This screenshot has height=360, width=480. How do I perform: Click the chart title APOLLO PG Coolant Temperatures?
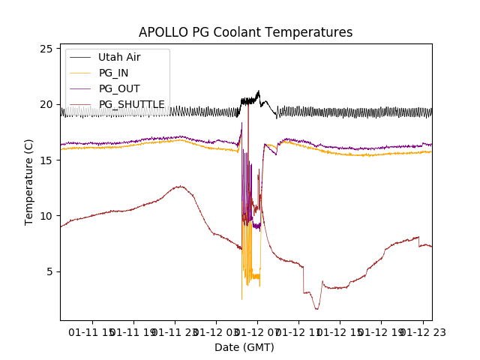245,32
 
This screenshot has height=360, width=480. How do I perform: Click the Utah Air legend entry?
119,57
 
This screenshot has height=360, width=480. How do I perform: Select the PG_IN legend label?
114,73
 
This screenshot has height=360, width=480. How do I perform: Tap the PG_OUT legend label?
119,88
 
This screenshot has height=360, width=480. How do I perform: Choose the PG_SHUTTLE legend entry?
132,104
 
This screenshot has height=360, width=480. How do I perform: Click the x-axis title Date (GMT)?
244,347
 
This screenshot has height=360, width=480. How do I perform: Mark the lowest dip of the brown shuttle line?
316,308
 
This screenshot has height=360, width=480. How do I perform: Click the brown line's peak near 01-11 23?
180,186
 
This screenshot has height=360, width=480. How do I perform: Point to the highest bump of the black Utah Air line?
258,91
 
